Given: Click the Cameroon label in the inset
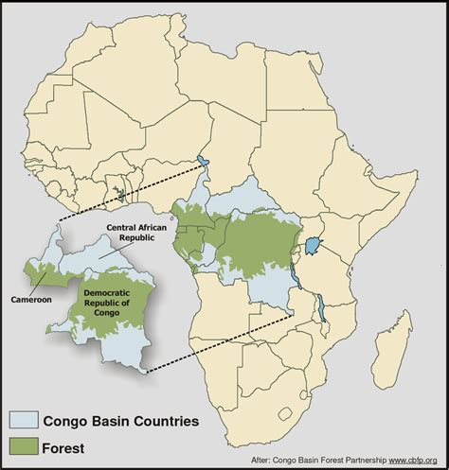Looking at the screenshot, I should point(31,300).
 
